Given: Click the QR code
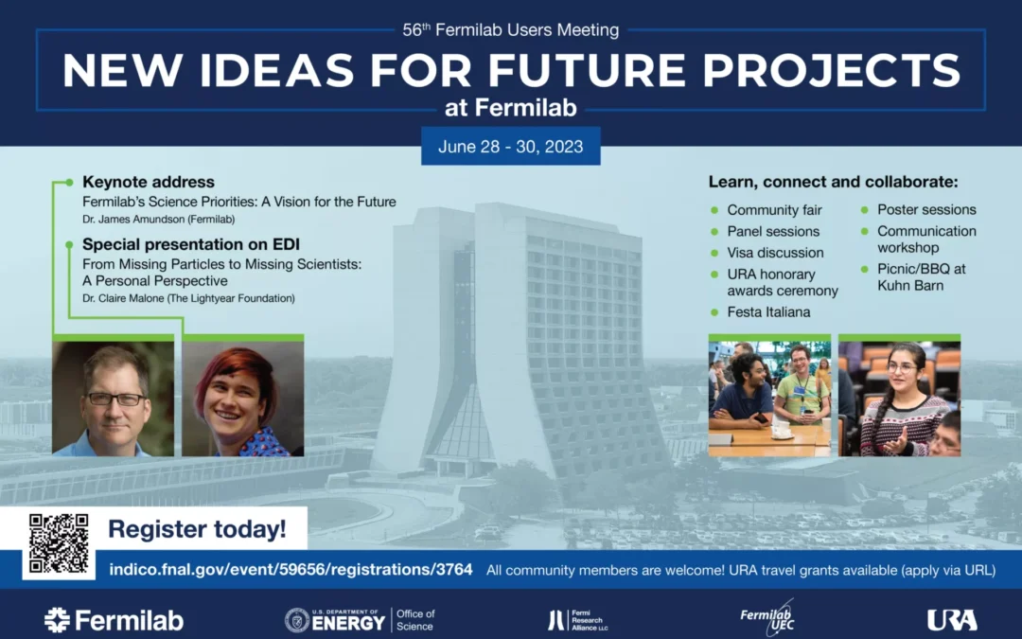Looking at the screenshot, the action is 59,543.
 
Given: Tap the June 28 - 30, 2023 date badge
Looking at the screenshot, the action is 510,146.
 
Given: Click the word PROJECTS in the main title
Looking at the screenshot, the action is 831,70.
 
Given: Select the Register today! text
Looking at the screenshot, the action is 197,529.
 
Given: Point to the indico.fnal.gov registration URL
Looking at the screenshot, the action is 291,569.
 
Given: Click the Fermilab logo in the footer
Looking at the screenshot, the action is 115,620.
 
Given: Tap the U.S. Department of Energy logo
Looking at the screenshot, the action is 360,620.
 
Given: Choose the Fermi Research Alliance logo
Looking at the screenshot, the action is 578,620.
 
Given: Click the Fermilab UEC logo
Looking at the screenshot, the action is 767,617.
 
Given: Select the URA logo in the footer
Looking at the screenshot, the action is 952,620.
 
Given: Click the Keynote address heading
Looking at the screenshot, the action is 148,182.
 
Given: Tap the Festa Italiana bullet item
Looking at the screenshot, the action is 768,311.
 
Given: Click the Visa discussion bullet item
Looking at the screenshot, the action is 775,253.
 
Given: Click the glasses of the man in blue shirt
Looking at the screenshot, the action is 117,399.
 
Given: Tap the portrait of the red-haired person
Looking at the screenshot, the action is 242,399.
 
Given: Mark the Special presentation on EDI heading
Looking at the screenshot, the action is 191,244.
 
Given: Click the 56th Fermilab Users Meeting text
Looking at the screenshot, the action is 510,29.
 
